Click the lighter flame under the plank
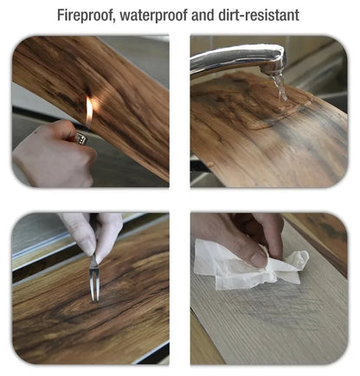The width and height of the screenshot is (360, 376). tap(88, 111)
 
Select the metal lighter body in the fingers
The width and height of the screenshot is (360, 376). tap(80, 137)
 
